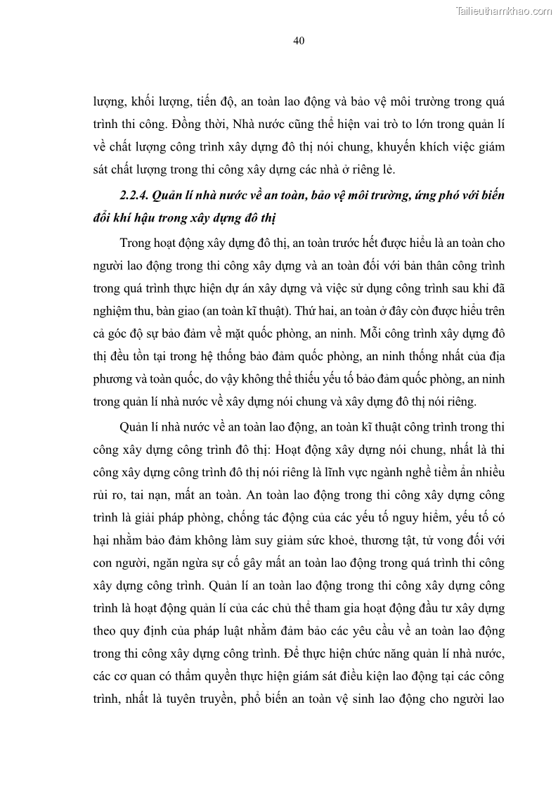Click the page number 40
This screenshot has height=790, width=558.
[298, 41]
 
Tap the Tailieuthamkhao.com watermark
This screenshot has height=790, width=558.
[505, 11]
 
